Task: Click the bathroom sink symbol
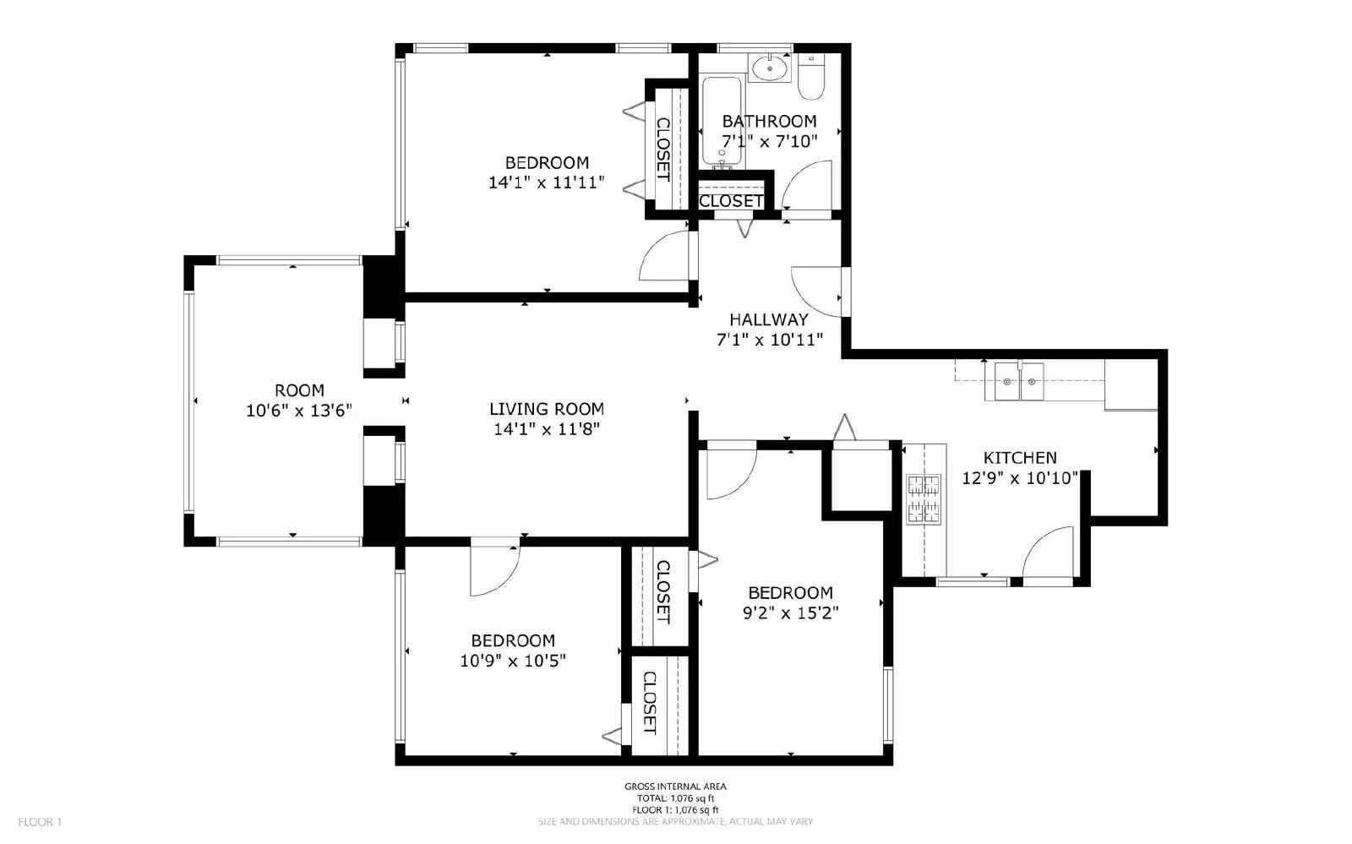(x=769, y=68)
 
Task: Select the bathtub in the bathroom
(x=722, y=121)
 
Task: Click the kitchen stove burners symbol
(x=924, y=499)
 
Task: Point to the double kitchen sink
(x=1018, y=381)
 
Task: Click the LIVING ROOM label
(x=546, y=409)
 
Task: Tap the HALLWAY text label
(x=768, y=319)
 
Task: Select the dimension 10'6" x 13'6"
(x=299, y=411)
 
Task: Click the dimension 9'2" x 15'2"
(x=790, y=613)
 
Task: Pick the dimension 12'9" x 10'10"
(x=1020, y=478)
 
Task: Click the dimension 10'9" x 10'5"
(x=512, y=661)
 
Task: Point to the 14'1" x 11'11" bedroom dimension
(x=546, y=182)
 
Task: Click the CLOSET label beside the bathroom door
(x=731, y=201)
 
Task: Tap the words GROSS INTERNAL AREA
(x=675, y=787)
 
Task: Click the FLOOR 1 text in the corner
(x=40, y=822)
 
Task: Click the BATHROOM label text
(x=769, y=121)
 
